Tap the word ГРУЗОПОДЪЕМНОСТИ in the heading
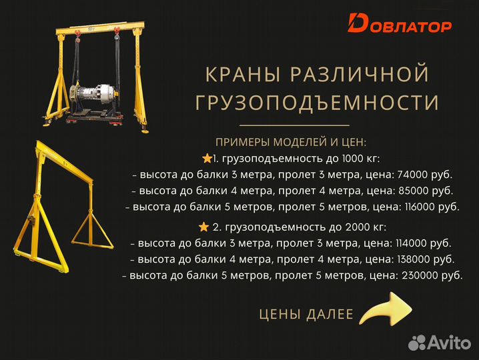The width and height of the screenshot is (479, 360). (x=317, y=103)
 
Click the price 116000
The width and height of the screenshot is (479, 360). (x=418, y=207)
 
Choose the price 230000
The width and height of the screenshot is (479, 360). (x=420, y=275)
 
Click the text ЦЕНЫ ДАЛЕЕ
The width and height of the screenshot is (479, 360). (x=306, y=314)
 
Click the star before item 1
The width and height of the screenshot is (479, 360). (x=206, y=159)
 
